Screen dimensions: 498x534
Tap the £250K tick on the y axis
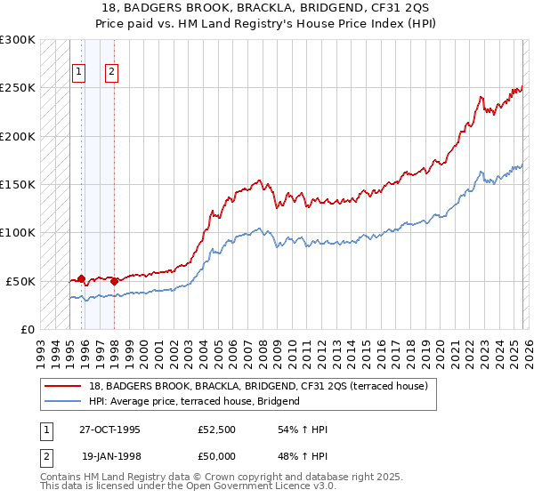tap(19, 88)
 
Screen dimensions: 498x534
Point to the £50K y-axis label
tap(21, 281)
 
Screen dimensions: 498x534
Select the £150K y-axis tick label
tap(19, 184)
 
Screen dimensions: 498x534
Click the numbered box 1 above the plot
tap(79, 73)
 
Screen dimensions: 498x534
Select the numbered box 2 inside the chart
tap(112, 73)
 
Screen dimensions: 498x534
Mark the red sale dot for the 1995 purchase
tap(82, 278)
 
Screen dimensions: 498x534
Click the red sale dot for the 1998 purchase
tap(114, 281)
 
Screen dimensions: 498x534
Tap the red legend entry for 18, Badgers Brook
tap(258, 386)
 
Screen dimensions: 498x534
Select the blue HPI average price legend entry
tap(195, 401)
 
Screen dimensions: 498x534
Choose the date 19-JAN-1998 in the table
tap(109, 455)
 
